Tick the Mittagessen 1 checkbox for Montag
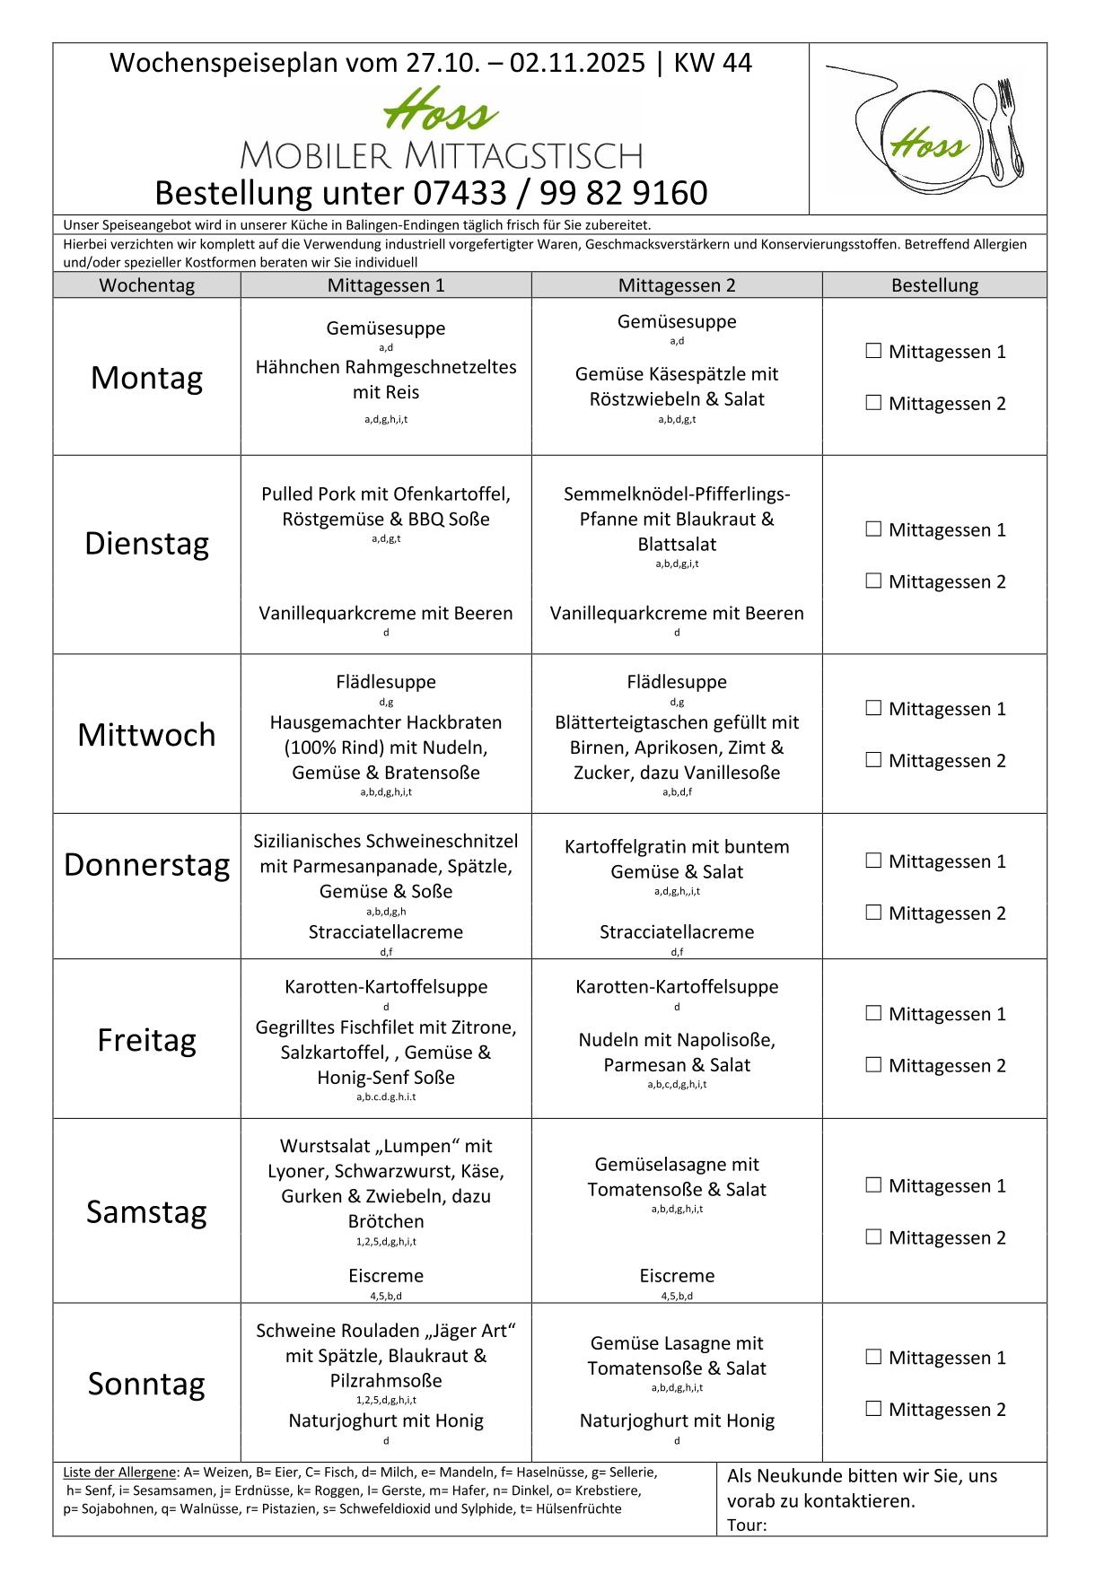[873, 352]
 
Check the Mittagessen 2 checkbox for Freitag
[873, 1065]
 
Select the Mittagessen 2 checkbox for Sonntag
[873, 1409]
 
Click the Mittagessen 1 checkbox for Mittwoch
[873, 709]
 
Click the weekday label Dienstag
[146, 544]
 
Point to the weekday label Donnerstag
[146, 865]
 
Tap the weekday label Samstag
[146, 1212]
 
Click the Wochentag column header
[146, 285]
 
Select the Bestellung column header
[934, 285]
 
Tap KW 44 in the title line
[713, 63]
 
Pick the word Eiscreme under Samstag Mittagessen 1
[386, 1276]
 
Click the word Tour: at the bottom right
[747, 1525]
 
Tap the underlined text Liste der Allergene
[119, 1473]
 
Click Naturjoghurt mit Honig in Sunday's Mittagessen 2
[677, 1420]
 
